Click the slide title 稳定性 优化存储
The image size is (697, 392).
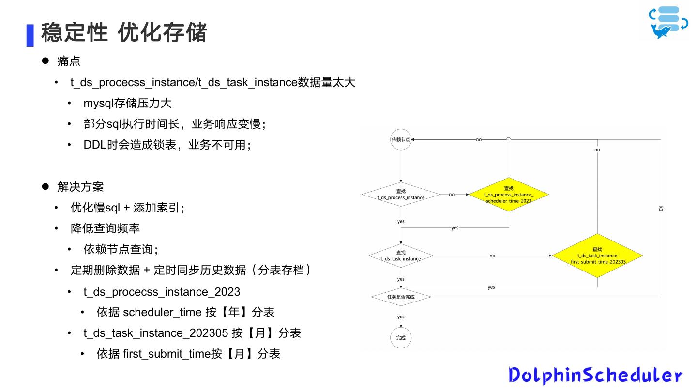pyautogui.click(x=124, y=33)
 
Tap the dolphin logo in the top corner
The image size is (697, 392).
pyautogui.click(x=668, y=22)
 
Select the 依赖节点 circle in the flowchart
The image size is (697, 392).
pyautogui.click(x=401, y=139)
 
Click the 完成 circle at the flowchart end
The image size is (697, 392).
pyautogui.click(x=401, y=338)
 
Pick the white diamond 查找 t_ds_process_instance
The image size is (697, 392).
pyautogui.click(x=401, y=195)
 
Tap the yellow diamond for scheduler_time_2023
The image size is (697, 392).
pyautogui.click(x=509, y=195)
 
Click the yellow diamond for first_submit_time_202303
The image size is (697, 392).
pyautogui.click(x=597, y=256)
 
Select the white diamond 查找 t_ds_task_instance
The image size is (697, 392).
pyautogui.click(x=401, y=256)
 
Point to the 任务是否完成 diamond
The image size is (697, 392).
pyautogui.click(x=401, y=297)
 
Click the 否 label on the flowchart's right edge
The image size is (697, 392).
pyautogui.click(x=661, y=209)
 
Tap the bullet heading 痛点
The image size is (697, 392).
pyautogui.click(x=69, y=61)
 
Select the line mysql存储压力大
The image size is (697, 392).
pyautogui.click(x=127, y=103)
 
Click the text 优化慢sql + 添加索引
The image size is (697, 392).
pyautogui.click(x=127, y=208)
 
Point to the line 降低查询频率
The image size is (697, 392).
pyautogui.click(x=105, y=228)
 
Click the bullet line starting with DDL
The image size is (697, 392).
pyautogui.click(x=167, y=145)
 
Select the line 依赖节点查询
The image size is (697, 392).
pyautogui.click(x=121, y=249)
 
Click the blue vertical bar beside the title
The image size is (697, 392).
pyautogui.click(x=30, y=35)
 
